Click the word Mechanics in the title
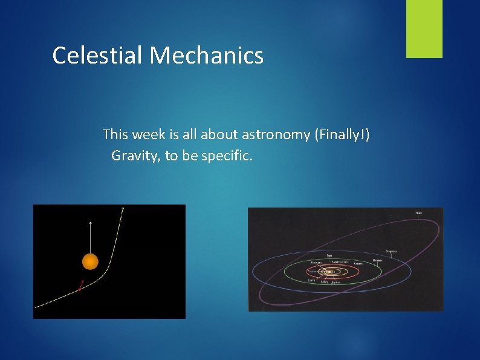pyautogui.click(x=207, y=55)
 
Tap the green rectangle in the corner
pyautogui.click(x=424, y=28)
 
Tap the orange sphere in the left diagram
pyautogui.click(x=90, y=261)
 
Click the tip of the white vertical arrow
pyautogui.click(x=90, y=222)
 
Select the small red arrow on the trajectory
pyautogui.click(x=81, y=285)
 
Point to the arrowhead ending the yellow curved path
pyautogui.click(x=123, y=208)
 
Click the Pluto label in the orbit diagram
pyautogui.click(x=418, y=213)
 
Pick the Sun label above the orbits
pyautogui.click(x=329, y=255)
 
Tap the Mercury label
pyautogui.click(x=316, y=263)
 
